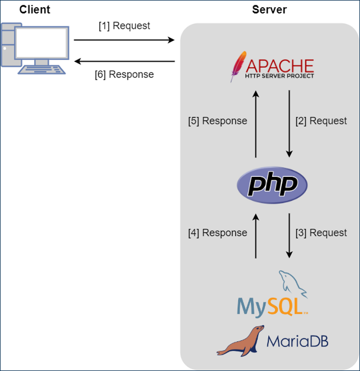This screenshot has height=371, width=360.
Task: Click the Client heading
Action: [35, 10]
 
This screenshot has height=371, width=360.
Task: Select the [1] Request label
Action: [124, 26]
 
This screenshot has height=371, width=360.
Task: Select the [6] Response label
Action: [124, 74]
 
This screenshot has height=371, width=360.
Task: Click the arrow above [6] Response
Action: [124, 62]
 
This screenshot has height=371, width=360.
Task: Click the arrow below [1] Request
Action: [124, 40]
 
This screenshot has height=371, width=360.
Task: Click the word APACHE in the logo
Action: [280, 65]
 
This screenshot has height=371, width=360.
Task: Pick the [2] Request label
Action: [321, 121]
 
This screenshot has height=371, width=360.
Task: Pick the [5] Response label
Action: [217, 121]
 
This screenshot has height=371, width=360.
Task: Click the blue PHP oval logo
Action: [273, 185]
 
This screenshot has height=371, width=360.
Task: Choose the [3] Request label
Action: [321, 233]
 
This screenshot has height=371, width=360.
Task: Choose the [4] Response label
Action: [217, 233]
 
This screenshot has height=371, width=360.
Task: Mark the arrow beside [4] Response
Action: [256, 236]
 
